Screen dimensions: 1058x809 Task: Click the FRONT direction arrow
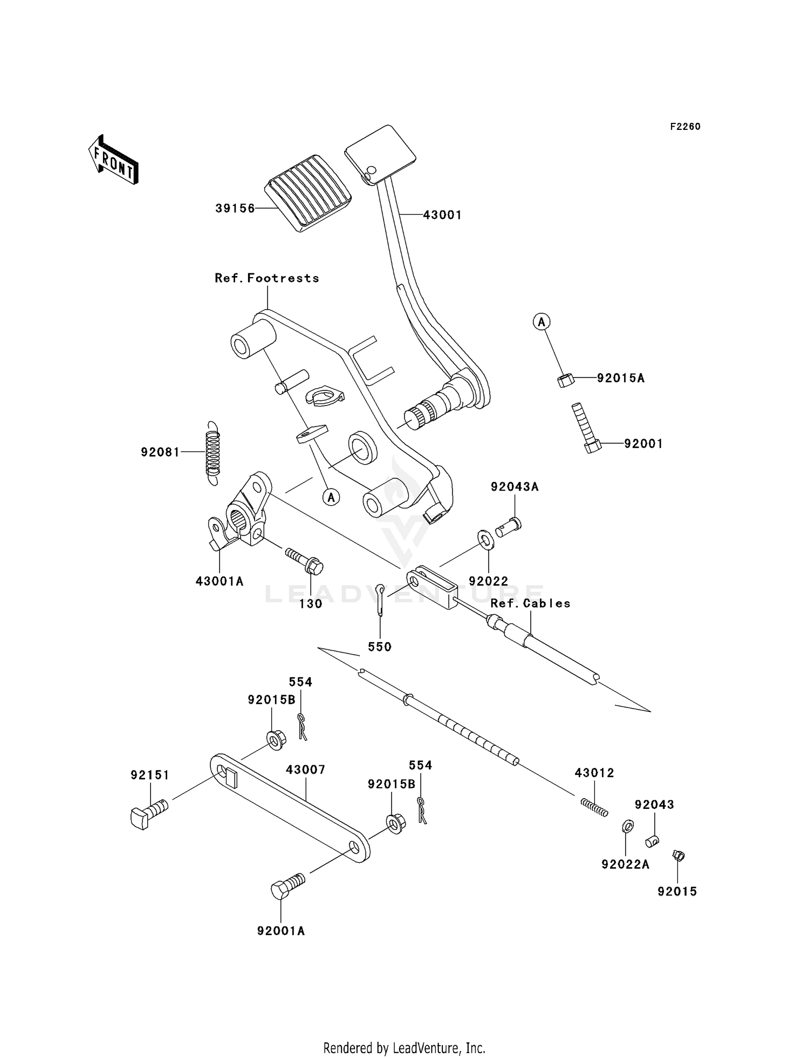(113, 160)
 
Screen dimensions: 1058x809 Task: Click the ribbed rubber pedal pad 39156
(308, 193)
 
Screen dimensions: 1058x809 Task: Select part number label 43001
(442, 215)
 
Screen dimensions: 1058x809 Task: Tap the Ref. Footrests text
(267, 278)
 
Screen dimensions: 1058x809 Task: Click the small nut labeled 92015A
(565, 380)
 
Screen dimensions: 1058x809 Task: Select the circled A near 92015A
(541, 322)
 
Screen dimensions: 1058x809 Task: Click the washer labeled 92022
(485, 539)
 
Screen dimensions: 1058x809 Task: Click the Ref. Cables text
(530, 603)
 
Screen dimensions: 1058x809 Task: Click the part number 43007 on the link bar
(305, 770)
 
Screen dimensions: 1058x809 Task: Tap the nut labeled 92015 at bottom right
(678, 855)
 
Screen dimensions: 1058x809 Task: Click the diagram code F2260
(685, 127)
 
